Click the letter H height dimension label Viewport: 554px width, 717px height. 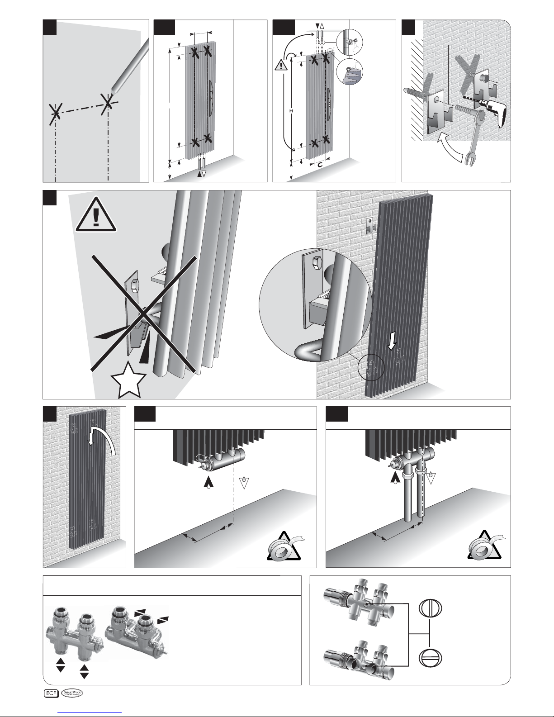tap(290, 111)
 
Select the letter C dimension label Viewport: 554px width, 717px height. tap(319, 166)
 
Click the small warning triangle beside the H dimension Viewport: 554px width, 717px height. tap(281, 66)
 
